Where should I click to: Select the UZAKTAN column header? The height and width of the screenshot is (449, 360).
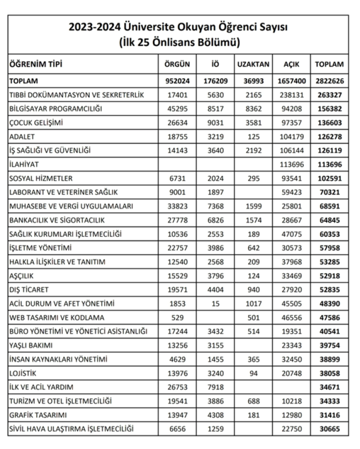(x=253, y=64)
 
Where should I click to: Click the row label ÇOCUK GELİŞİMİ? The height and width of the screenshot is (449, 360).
(x=36, y=123)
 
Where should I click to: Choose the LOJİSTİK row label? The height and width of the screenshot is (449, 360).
(x=23, y=373)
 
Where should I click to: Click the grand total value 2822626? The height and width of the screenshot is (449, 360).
(x=329, y=81)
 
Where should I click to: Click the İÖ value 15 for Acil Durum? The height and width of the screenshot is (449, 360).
(x=216, y=303)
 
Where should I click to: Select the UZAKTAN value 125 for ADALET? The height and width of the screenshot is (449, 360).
(x=253, y=137)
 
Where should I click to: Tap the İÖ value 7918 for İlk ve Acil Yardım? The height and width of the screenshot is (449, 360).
(x=216, y=387)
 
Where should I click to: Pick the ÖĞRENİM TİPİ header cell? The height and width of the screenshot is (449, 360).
(x=36, y=64)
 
